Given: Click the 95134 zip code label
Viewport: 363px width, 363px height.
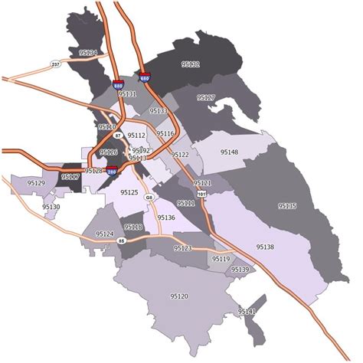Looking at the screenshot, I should coord(88,53).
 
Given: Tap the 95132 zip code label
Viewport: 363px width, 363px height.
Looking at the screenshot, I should coord(190,64).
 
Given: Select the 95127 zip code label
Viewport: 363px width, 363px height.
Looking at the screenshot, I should coord(206,98).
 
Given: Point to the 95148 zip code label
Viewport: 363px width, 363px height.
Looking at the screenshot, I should coord(230,152).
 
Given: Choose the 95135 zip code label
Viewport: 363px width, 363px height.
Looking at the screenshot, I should coord(288,206).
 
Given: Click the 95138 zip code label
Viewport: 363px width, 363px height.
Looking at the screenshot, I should coord(265,247).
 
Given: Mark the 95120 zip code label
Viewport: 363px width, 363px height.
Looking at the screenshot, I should coord(179,296).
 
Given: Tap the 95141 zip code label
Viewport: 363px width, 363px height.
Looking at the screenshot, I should coord(247,312).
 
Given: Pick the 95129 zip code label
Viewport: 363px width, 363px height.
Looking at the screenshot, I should coord(36,184).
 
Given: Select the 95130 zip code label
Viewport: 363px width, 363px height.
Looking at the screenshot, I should coord(51,207).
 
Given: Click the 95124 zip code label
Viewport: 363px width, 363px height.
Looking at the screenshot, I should coord(104,234).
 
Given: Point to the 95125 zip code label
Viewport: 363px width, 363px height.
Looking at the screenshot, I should coord(129,193).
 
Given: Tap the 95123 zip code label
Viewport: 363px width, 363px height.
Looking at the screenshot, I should coord(183,249).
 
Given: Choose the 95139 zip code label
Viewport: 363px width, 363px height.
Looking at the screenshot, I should coord(240,270).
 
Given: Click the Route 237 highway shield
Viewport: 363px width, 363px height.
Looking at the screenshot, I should coord(55,64).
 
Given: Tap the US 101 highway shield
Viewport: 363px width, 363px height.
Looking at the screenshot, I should coord(201,195).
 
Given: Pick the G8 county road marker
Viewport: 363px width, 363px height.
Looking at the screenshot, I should coord(149,198).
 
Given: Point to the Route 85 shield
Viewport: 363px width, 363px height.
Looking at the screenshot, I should coord(121,241).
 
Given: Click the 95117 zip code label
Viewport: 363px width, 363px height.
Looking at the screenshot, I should coord(70,177).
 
